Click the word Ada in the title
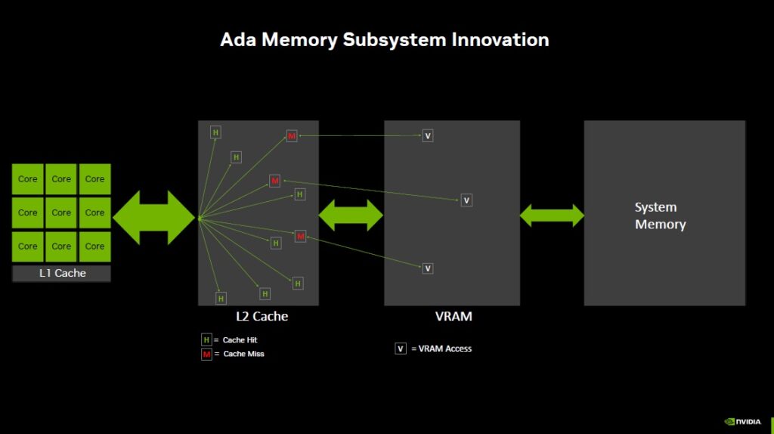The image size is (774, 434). tap(238, 40)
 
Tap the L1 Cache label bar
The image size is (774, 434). tap(62, 273)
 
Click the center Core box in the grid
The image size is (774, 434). tap(61, 212)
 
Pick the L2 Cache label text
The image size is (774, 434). tap(262, 316)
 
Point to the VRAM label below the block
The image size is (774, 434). tap(454, 316)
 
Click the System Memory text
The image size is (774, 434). tap(661, 215)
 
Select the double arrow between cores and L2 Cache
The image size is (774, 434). tap(154, 217)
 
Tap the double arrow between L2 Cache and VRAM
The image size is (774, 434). tap(351, 215)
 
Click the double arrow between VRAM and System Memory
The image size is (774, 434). tap(552, 215)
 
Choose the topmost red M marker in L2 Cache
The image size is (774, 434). tap(292, 136)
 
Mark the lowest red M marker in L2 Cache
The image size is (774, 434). tap(300, 236)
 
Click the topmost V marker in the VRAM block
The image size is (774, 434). tap(428, 136)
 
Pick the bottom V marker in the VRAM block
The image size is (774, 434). tap(428, 268)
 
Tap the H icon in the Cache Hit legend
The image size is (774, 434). tap(206, 339)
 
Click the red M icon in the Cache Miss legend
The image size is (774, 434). tap(206, 354)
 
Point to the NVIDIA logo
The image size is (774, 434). tap(742, 422)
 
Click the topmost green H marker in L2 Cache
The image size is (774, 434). tap(215, 132)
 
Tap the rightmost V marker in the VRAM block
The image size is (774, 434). tap(466, 200)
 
